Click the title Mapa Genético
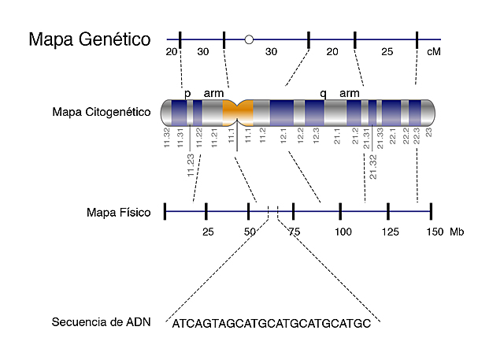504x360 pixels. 90,39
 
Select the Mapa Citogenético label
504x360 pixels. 101,112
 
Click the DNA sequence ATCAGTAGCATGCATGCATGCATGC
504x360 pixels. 271,323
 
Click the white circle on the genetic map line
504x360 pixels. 249,39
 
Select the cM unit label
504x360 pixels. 432,51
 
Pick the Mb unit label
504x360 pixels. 457,232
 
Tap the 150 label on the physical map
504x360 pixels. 434,232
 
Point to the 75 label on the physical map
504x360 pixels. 295,232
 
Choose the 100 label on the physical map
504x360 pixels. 343,232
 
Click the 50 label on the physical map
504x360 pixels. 250,232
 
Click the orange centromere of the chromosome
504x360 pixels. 237,112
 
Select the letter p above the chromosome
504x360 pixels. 187,93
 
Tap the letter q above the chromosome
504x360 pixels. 323,93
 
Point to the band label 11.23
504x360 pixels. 191,167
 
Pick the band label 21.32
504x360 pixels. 372,167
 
